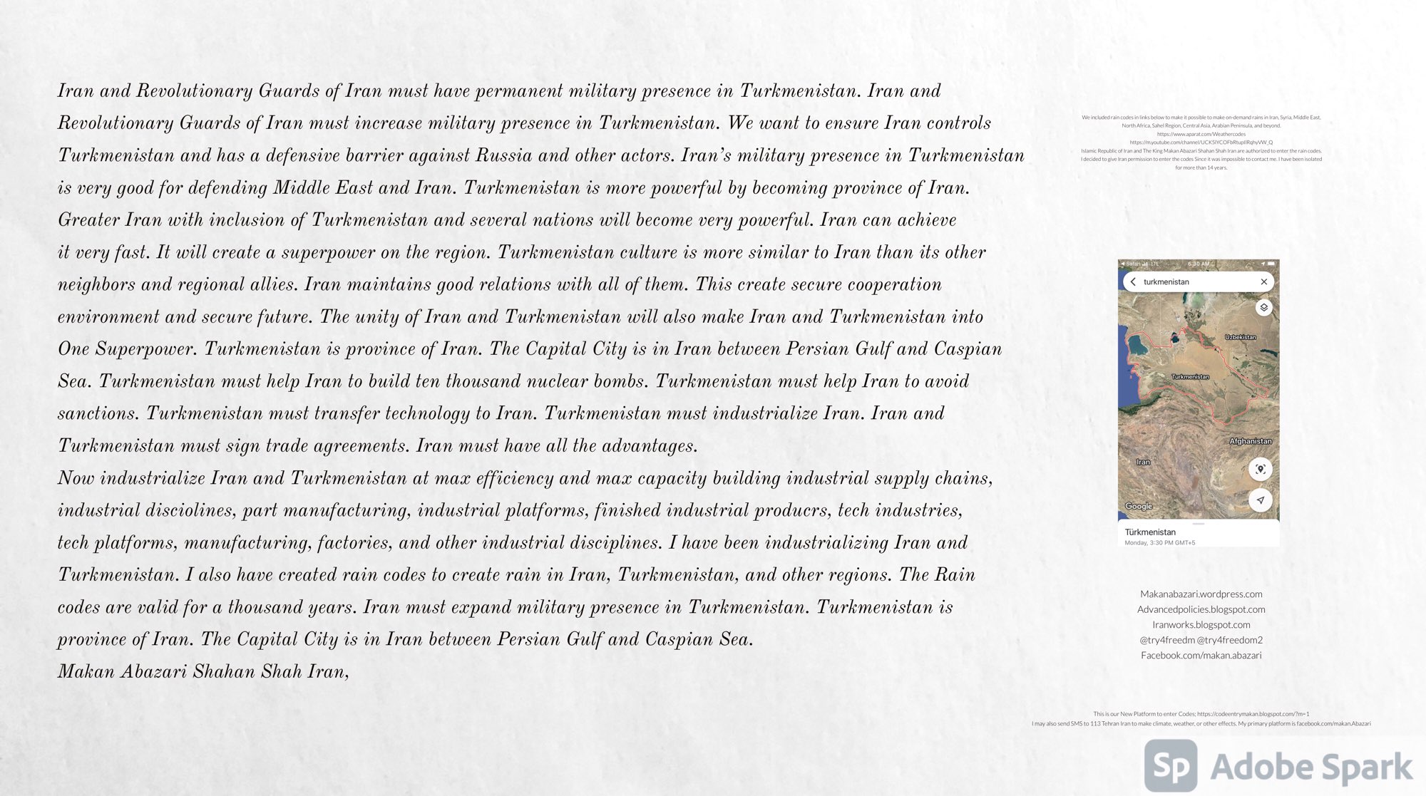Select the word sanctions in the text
click(x=96, y=413)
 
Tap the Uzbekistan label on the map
click(x=1241, y=337)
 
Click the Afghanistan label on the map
click(x=1250, y=441)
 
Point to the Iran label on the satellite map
click(x=1143, y=462)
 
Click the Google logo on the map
click(x=1139, y=506)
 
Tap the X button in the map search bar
click(x=1263, y=281)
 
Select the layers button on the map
click(x=1263, y=307)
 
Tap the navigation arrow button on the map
click(x=1261, y=500)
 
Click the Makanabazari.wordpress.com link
click(x=1201, y=594)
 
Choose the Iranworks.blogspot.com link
click(x=1201, y=624)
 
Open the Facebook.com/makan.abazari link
click(x=1201, y=655)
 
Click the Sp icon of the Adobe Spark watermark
click(x=1171, y=766)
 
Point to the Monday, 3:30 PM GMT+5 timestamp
click(x=1159, y=543)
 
